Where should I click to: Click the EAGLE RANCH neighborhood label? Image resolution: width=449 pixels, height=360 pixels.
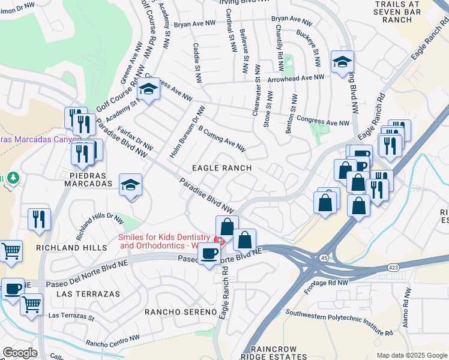(x=221, y=169)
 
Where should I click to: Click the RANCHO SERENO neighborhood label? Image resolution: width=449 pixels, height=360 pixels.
(x=180, y=312)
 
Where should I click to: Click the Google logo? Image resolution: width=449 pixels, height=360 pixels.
(x=20, y=353)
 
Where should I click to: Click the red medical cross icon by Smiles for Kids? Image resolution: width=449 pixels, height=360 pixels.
(x=220, y=241)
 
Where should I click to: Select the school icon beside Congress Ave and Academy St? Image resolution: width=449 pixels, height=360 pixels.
(x=148, y=90)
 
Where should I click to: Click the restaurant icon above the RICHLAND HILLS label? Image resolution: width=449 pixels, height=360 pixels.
(x=39, y=218)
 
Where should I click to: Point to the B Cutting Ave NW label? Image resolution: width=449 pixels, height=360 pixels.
(x=221, y=139)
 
